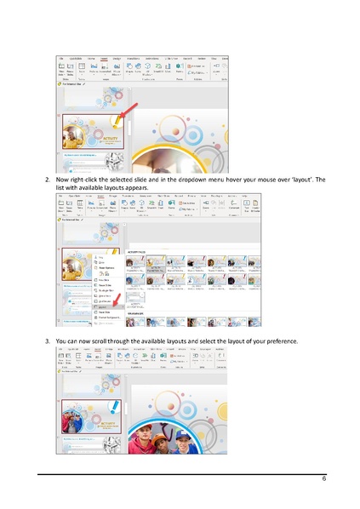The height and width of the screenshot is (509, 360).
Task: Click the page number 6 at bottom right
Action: click(x=323, y=479)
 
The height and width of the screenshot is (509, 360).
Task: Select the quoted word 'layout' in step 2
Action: click(x=283, y=181)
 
